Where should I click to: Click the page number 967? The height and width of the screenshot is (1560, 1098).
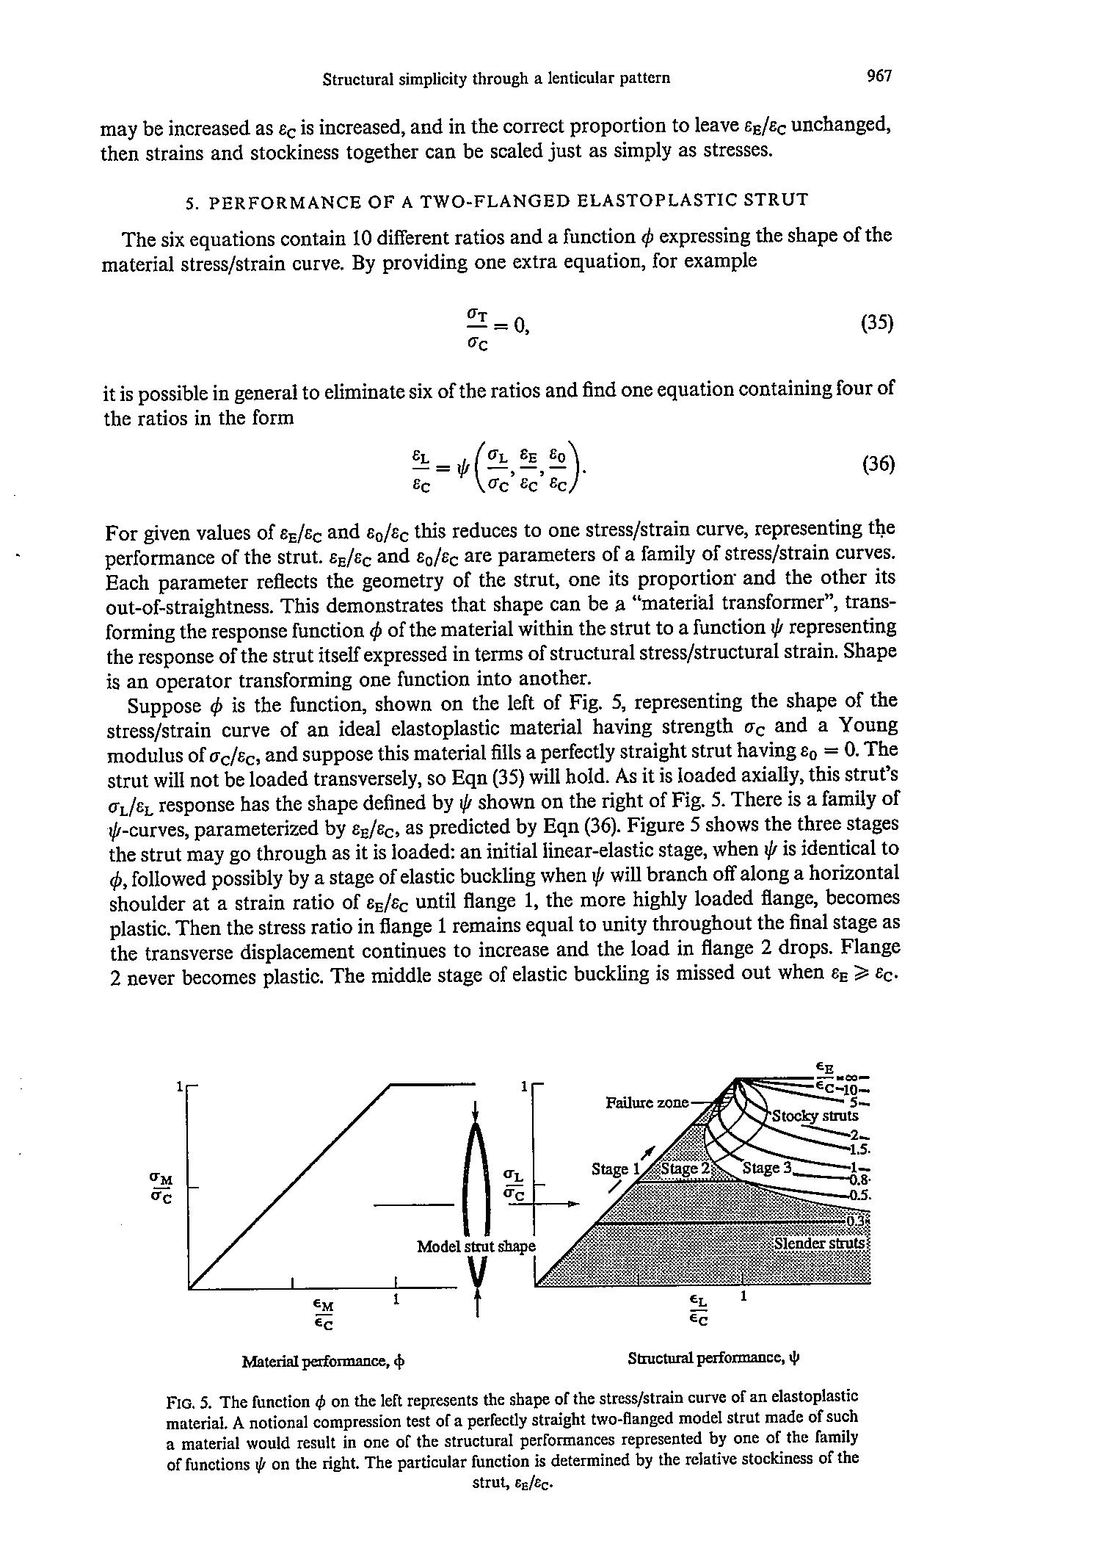tap(879, 76)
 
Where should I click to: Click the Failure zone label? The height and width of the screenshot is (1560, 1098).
tap(647, 1102)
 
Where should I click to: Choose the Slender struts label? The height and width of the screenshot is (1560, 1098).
tap(821, 1243)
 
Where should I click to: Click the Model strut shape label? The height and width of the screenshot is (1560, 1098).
tap(476, 1246)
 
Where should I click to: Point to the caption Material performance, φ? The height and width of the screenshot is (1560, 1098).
tap(324, 1361)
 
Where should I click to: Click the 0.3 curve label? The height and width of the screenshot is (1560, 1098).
tap(857, 1221)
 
